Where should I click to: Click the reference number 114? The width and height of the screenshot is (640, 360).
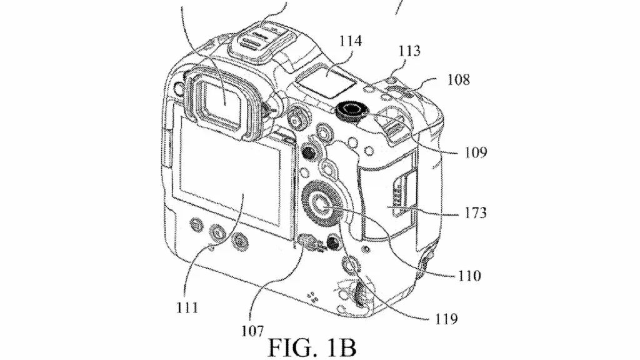(350, 41)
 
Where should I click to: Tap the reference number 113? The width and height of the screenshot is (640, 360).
(409, 51)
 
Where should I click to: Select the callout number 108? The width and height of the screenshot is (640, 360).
(459, 79)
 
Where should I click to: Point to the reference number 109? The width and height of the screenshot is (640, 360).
(476, 152)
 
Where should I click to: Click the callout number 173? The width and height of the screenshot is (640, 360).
(476, 212)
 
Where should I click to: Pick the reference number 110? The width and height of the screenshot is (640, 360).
(470, 276)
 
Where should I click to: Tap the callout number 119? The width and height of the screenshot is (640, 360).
(446, 318)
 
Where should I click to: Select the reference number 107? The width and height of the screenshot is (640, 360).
(252, 331)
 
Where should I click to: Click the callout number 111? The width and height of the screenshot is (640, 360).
(187, 307)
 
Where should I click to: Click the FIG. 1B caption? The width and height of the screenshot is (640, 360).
(312, 347)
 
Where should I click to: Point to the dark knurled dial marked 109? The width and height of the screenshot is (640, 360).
(350, 110)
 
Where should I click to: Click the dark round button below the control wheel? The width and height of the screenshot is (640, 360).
(334, 242)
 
